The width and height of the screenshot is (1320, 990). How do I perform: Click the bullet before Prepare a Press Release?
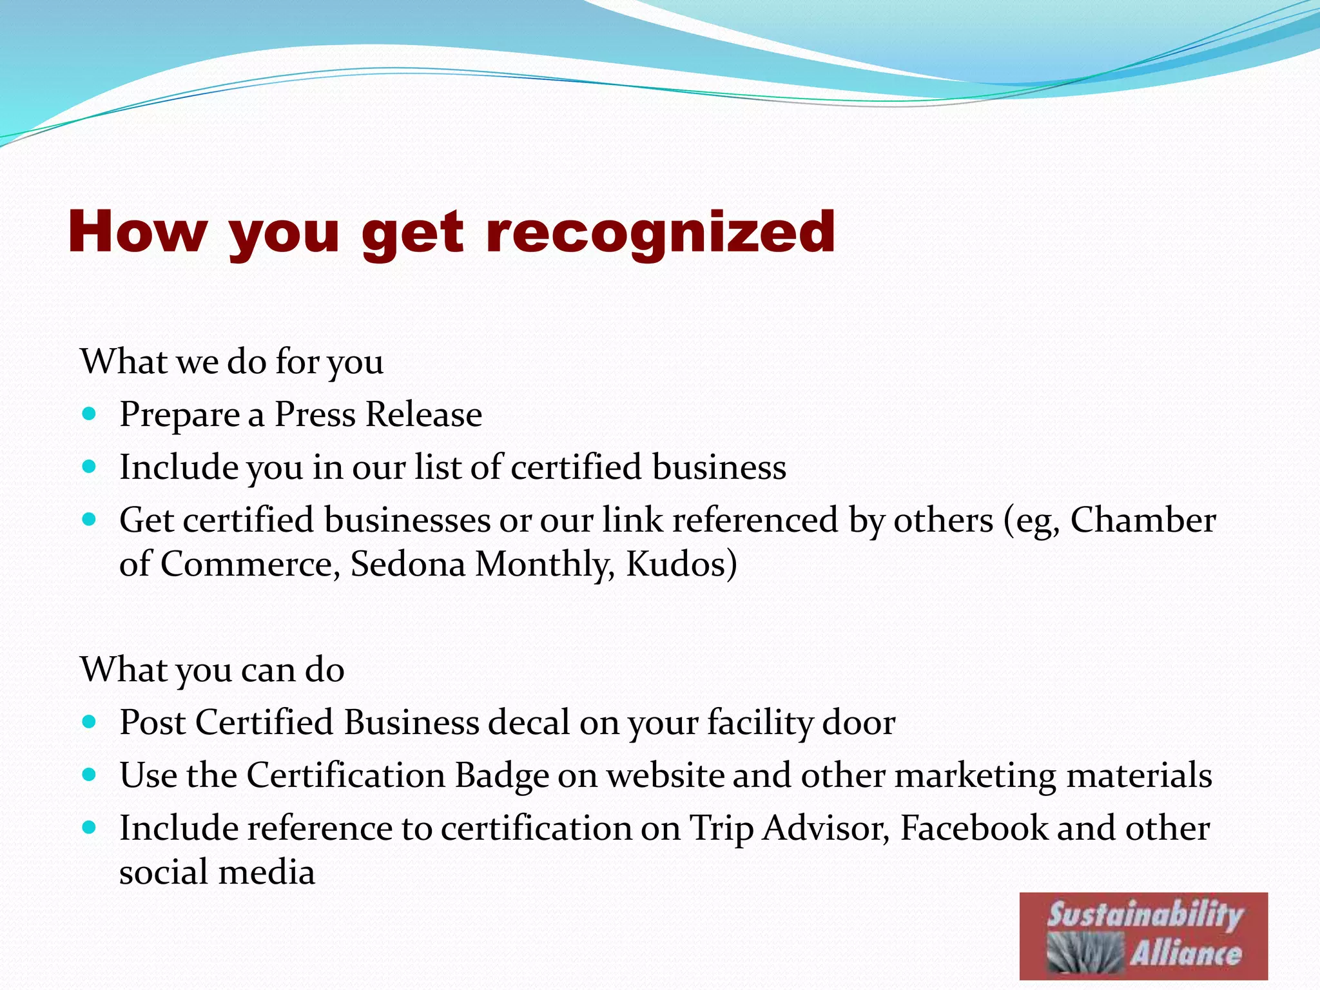click(x=90, y=413)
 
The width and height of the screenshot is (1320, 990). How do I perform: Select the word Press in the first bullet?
click(x=315, y=414)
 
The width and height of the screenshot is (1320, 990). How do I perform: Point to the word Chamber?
click(x=1143, y=520)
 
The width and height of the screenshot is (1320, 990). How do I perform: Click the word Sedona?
click(x=407, y=564)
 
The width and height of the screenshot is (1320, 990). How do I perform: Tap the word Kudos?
click(x=681, y=564)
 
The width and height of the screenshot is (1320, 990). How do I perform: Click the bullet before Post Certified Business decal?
click(x=90, y=721)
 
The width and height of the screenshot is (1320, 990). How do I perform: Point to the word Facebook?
click(x=974, y=828)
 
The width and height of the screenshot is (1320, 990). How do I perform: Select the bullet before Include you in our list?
click(x=90, y=467)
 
